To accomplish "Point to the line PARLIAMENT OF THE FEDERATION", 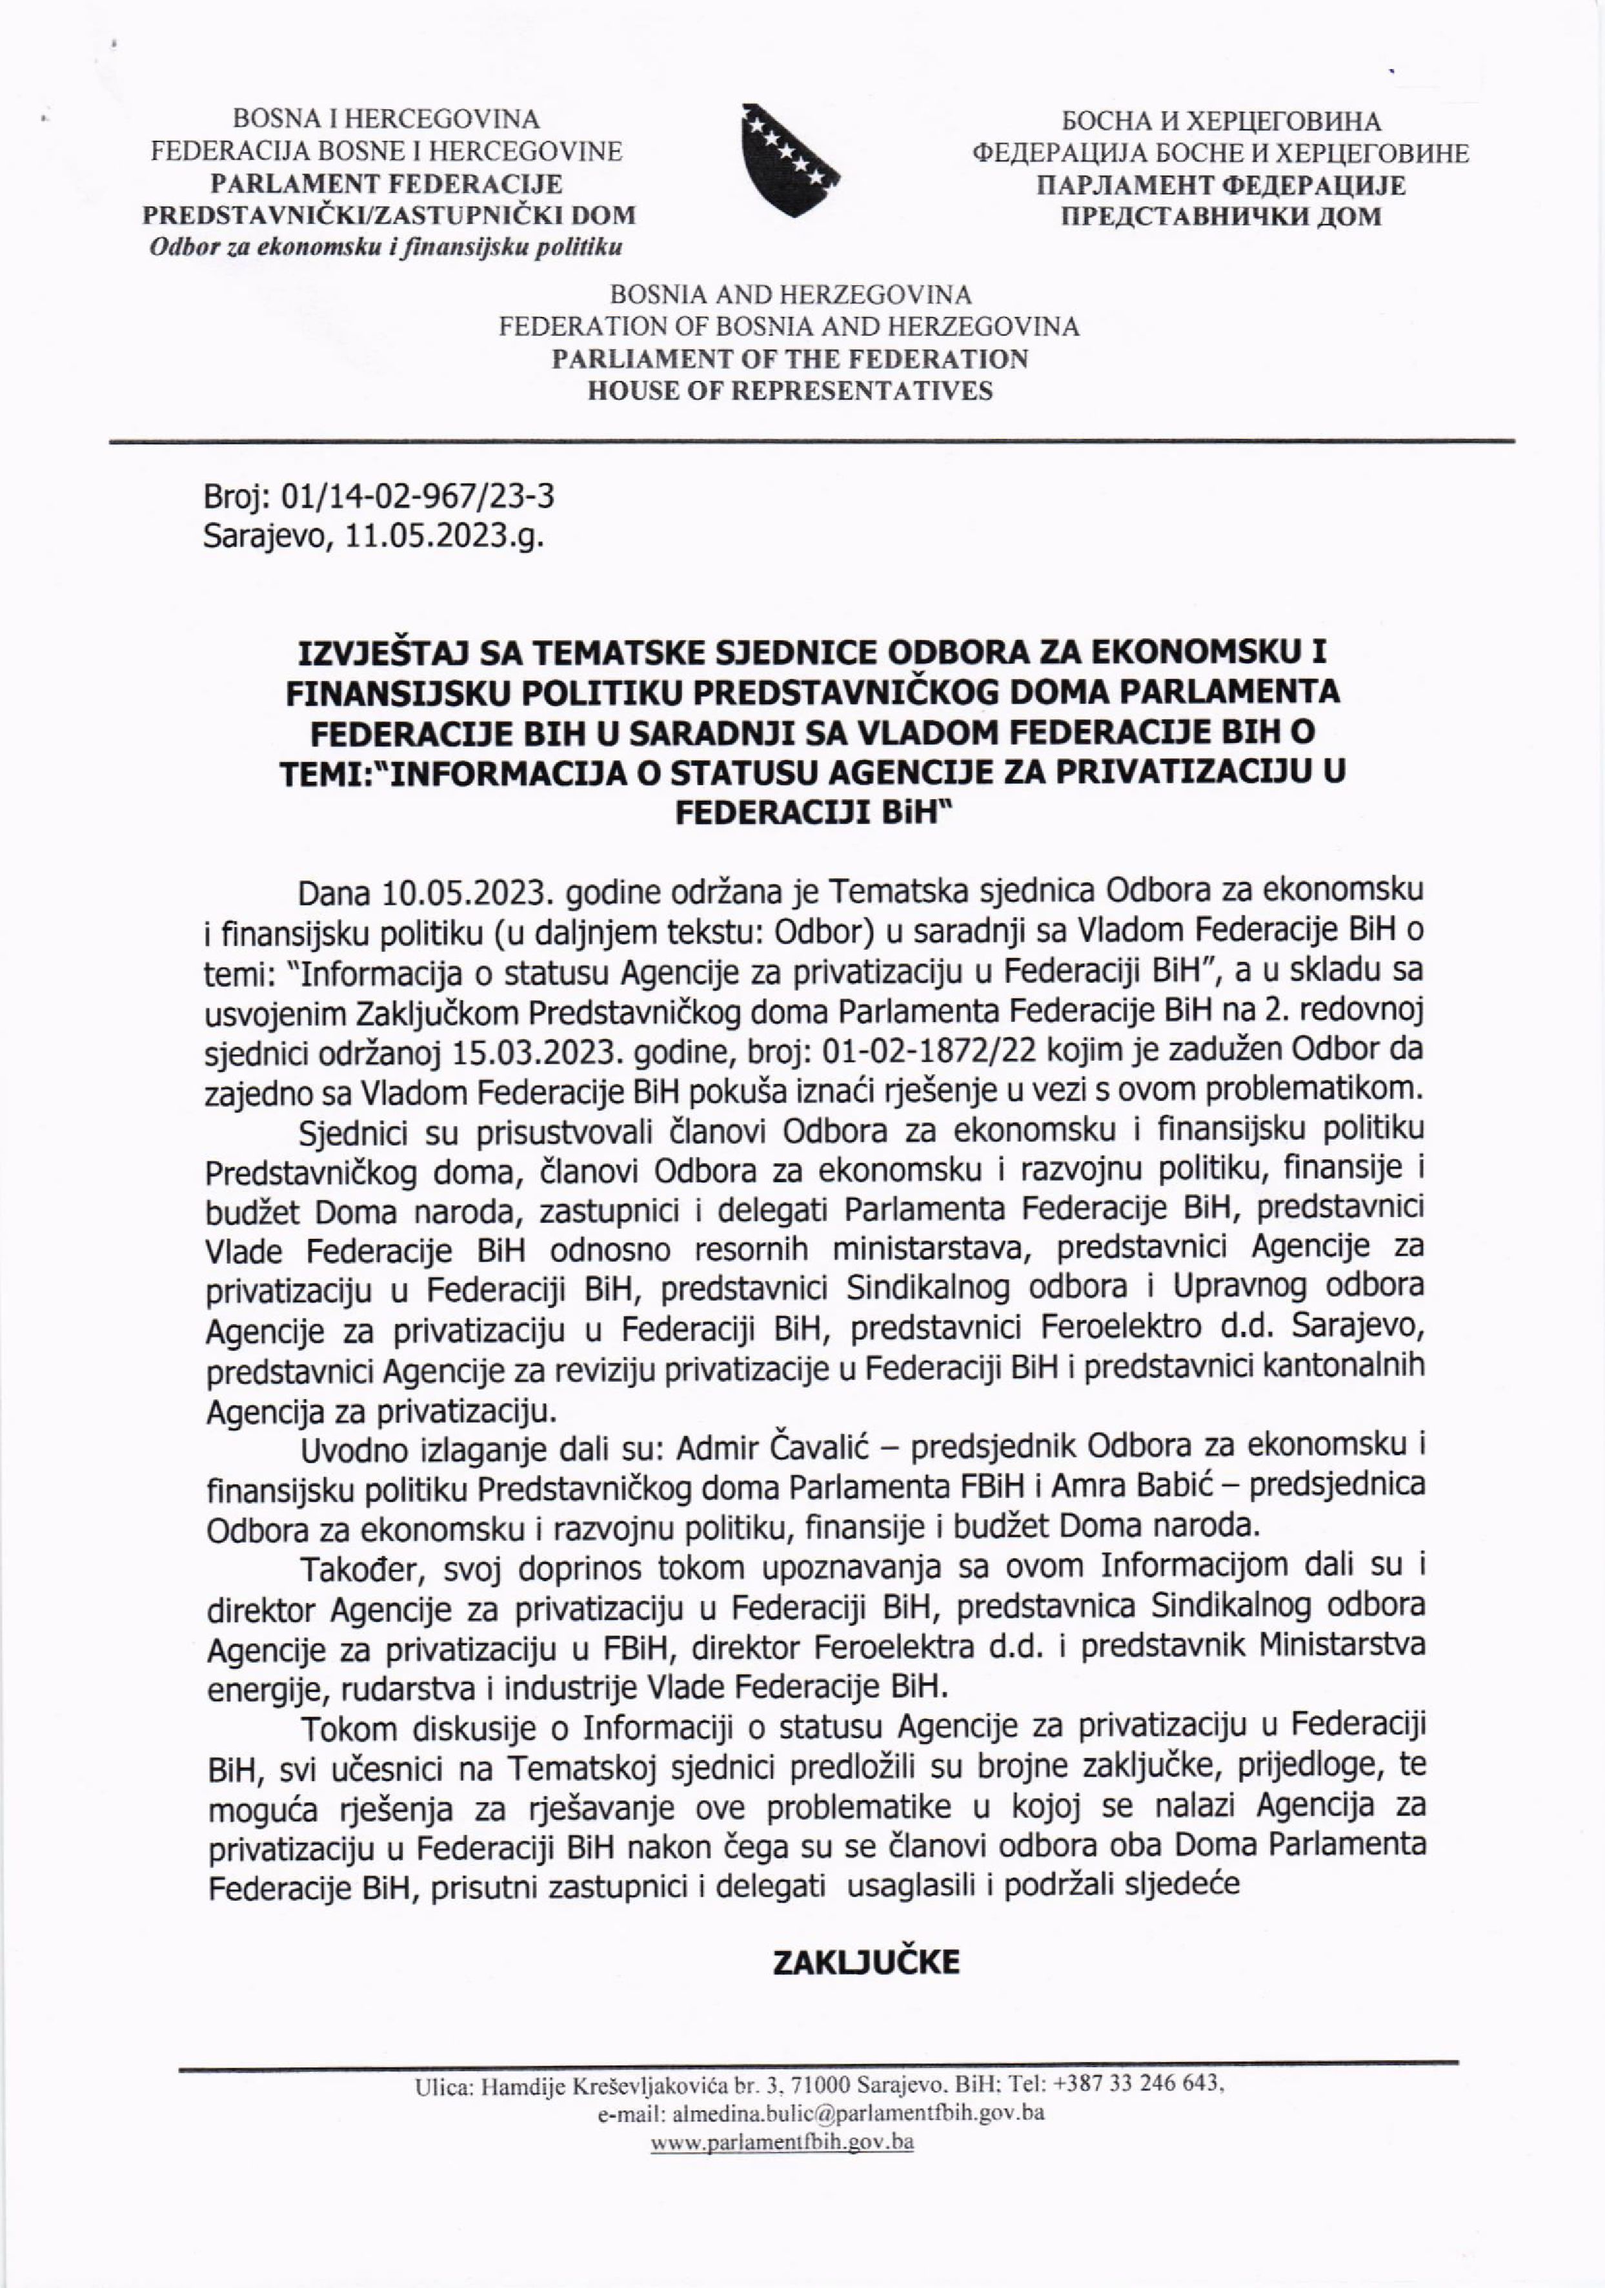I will coord(790,359).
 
